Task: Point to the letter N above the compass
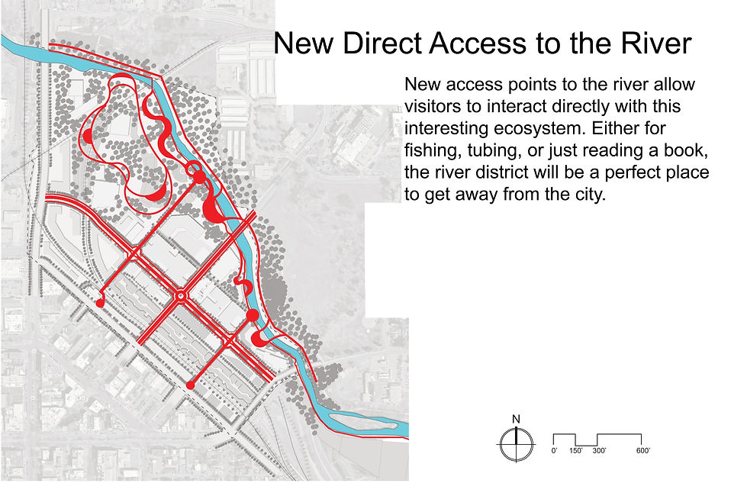(516, 419)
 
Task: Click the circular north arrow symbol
(516, 444)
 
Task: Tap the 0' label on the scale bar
(554, 451)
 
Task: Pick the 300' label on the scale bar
(599, 451)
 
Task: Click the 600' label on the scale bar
(642, 451)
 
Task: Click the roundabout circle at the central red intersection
(181, 295)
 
